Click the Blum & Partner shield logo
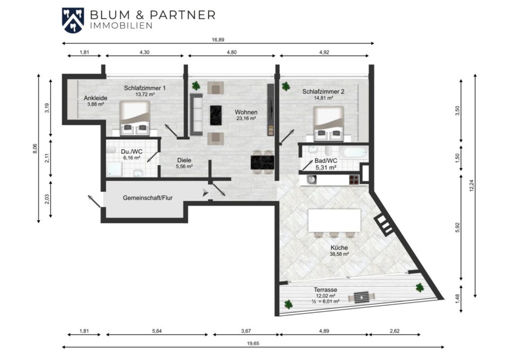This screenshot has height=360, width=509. pyautogui.click(x=73, y=20)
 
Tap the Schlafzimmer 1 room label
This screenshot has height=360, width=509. pyautogui.click(x=145, y=88)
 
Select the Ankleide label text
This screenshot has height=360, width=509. pyautogui.click(x=95, y=98)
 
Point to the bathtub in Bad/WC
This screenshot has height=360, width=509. pyautogui.click(x=355, y=152)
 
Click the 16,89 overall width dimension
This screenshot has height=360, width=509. pyautogui.click(x=218, y=40)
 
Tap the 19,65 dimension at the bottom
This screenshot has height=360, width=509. pyautogui.click(x=253, y=344)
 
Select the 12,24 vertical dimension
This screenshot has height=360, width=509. pyautogui.click(x=472, y=185)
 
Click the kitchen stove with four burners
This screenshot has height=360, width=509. pyautogui.click(x=354, y=180)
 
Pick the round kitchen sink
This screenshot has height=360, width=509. pyautogui.click(x=312, y=180)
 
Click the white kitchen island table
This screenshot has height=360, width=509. pyautogui.click(x=335, y=220)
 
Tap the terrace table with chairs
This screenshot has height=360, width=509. pyautogui.click(x=361, y=297)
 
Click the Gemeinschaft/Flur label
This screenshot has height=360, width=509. pyautogui.click(x=148, y=198)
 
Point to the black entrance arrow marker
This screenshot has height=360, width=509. pyautogui.click(x=205, y=192)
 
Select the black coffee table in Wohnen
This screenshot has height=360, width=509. pyautogui.click(x=216, y=115)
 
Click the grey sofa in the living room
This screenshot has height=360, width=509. pyautogui.click(x=196, y=114)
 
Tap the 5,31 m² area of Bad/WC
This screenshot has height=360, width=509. pyautogui.click(x=326, y=168)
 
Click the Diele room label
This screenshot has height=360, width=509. pyautogui.click(x=184, y=160)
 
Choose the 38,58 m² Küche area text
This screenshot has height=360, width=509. pyautogui.click(x=339, y=254)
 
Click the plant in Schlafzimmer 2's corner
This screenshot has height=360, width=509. pyautogui.click(x=286, y=86)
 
